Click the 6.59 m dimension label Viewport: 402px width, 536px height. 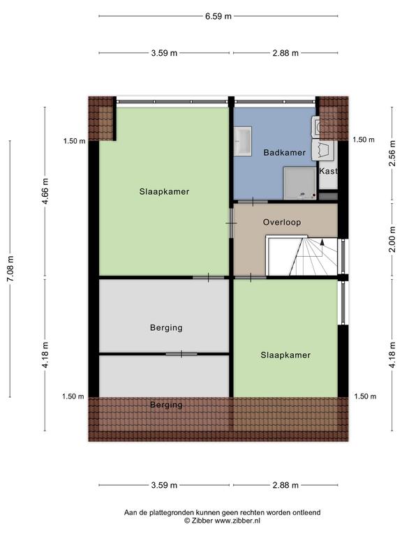pyautogui.click(x=218, y=16)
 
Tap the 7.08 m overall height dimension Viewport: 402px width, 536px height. pyautogui.click(x=10, y=269)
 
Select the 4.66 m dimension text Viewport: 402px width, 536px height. pyautogui.click(x=45, y=191)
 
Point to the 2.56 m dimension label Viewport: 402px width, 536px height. pyautogui.click(x=392, y=153)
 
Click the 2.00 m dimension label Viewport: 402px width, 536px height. pyautogui.click(x=392, y=239)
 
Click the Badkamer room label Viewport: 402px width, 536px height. pyautogui.click(x=285, y=152)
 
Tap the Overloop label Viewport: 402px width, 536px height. pyautogui.click(x=282, y=222)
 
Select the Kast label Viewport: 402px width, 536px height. pyautogui.click(x=328, y=171)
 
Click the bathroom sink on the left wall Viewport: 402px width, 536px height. pyautogui.click(x=243, y=140)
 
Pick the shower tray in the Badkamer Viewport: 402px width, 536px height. pyautogui.click(x=300, y=183)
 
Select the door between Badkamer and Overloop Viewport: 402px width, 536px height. pyautogui.click(x=253, y=202)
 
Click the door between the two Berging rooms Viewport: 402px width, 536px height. pyautogui.click(x=181, y=354)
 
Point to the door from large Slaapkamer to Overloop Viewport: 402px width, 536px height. pyautogui.click(x=231, y=223)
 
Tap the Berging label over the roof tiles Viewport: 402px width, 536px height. pyautogui.click(x=166, y=405)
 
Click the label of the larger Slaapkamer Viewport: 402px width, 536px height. pyautogui.click(x=164, y=191)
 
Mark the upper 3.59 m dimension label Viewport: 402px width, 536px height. pyautogui.click(x=164, y=53)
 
